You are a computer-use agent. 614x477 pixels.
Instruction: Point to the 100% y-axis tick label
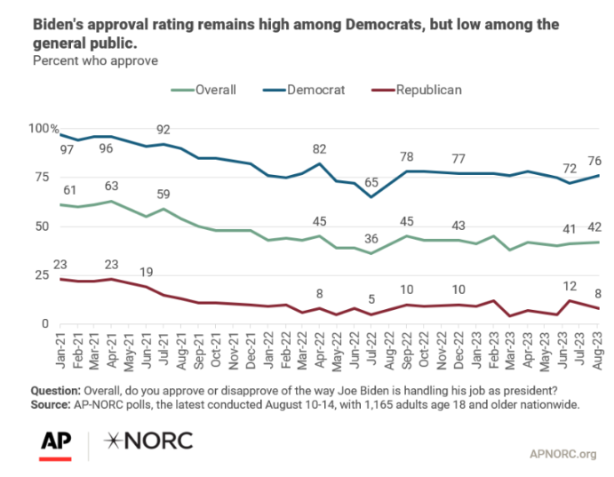click(x=42, y=129)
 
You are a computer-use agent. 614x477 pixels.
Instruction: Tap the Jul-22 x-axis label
click(x=371, y=347)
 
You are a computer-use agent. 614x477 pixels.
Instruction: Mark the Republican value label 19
click(x=146, y=272)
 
